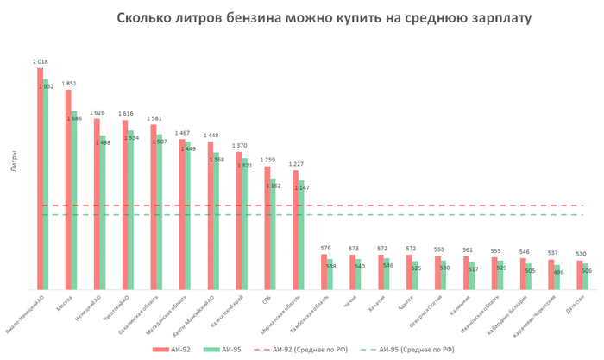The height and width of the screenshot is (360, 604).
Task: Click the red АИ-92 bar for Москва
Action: [x=68, y=190]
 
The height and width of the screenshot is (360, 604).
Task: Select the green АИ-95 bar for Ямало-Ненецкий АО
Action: [x=46, y=186]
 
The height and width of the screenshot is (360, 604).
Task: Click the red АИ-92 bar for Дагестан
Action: [x=580, y=275]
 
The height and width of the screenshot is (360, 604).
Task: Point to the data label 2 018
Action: [x=40, y=62]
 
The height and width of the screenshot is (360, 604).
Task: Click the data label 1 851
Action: [x=69, y=84]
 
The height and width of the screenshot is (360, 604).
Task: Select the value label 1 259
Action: [x=267, y=160]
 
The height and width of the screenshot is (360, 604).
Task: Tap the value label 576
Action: [x=324, y=249]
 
